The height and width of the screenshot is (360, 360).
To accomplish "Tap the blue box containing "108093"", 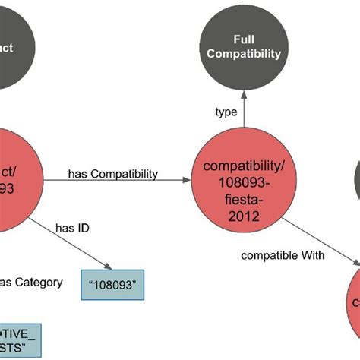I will click(x=112, y=286).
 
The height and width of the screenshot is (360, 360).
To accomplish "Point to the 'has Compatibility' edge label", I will click(x=113, y=174).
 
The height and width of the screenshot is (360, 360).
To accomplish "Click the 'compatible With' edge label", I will click(x=283, y=256).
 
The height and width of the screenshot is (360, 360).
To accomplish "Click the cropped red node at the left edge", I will click(x=15, y=175).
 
